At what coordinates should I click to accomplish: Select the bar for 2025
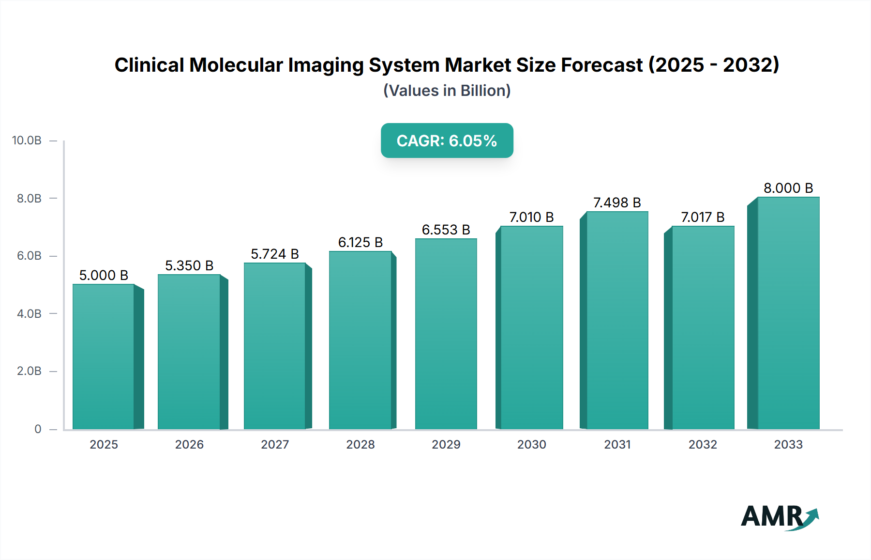[104, 357]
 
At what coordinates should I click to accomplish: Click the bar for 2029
[446, 334]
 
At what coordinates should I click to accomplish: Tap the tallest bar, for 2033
[788, 313]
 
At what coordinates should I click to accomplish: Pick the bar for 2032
[703, 327]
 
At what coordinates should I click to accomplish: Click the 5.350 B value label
[189, 265]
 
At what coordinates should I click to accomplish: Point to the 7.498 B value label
[617, 202]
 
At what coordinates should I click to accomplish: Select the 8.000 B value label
[788, 188]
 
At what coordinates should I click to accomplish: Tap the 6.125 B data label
[360, 242]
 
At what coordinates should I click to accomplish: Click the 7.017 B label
[703, 217]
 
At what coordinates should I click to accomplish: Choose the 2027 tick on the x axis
[275, 444]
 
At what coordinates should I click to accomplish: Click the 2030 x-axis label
[531, 444]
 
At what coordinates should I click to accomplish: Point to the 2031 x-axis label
[617, 444]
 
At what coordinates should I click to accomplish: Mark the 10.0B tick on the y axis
[27, 140]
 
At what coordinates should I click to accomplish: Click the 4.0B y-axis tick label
[29, 314]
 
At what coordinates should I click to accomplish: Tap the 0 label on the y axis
[38, 429]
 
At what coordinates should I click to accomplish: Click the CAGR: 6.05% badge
[447, 140]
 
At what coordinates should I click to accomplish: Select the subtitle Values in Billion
[447, 91]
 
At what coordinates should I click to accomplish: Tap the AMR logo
[779, 516]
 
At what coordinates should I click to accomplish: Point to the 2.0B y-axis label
[29, 371]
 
